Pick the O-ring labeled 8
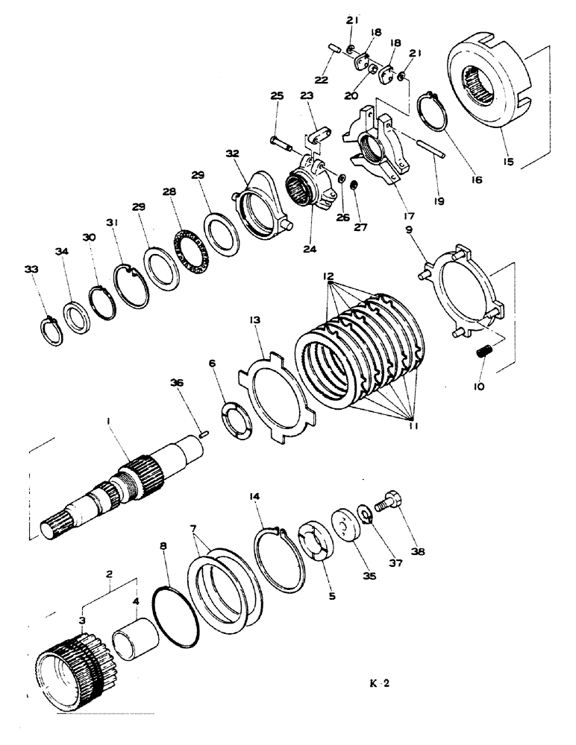(x=176, y=618)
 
